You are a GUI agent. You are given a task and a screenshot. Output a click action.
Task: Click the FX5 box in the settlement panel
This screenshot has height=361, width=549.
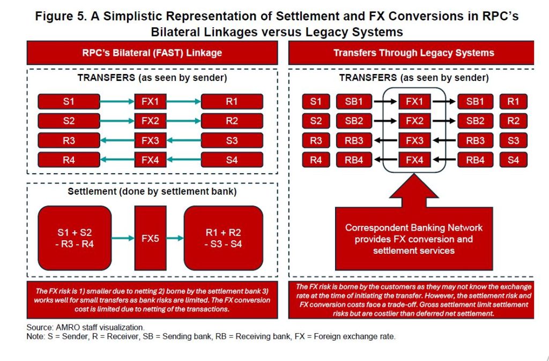150,238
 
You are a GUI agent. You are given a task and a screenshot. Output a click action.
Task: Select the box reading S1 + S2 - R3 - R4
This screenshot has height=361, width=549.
75,238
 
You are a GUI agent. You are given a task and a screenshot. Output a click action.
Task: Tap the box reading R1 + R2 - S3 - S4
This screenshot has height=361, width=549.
223,238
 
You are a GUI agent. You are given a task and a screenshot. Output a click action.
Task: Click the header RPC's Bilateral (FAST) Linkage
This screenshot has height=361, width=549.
152,53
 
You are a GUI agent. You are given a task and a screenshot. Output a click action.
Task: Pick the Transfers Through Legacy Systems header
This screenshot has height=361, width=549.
413,53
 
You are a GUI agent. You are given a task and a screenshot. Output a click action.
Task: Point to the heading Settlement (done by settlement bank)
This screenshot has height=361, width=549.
152,191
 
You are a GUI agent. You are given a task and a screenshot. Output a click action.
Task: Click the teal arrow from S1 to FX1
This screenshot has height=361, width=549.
117,102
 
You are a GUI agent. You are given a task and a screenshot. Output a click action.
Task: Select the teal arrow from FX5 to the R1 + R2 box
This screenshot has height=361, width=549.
175,239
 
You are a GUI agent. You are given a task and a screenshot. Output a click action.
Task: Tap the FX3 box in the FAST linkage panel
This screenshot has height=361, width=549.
150,141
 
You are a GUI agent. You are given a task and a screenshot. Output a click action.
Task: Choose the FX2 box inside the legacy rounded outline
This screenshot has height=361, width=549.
414,121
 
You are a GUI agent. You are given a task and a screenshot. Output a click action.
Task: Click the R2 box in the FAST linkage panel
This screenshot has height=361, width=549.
232,121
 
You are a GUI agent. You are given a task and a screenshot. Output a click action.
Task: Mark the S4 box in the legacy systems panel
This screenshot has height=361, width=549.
513,160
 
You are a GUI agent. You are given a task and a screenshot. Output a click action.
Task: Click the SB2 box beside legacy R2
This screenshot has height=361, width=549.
475,121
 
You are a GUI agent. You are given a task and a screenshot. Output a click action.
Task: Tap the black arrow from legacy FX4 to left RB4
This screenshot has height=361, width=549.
385,160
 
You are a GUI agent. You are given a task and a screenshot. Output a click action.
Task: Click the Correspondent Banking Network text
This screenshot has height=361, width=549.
413,228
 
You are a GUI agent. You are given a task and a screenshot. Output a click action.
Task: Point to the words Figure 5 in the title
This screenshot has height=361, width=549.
60,17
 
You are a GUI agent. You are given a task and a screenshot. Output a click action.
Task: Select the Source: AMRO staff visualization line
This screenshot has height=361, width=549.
85,328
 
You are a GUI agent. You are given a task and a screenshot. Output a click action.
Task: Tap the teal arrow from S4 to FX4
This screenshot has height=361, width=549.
184,160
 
